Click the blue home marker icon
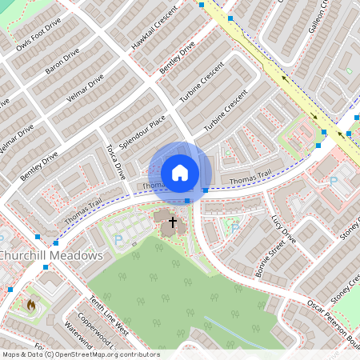coord(180,173)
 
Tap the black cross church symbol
coord(172,223)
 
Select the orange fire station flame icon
coord(31,305)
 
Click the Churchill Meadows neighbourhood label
coord(51,255)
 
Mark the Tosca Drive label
coord(117,161)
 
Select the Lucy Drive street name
coord(283,229)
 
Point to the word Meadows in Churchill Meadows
coord(78,255)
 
